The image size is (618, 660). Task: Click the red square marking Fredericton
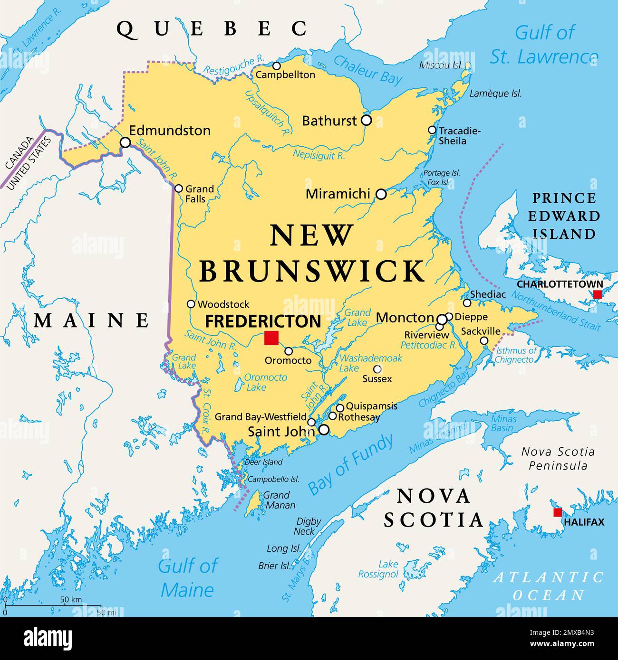[271, 338]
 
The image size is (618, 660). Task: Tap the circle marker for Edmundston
[125, 142]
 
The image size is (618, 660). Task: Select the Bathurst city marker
[366, 120]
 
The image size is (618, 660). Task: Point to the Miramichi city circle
[381, 194]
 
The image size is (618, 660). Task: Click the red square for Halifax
[558, 512]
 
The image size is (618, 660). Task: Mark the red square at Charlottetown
[597, 294]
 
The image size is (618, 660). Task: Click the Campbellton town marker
[276, 66]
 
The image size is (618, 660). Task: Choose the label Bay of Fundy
[351, 464]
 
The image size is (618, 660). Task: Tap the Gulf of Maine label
[187, 578]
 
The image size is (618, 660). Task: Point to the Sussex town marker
[377, 368]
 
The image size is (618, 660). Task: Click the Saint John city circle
[324, 430]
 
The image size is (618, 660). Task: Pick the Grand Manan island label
[279, 500]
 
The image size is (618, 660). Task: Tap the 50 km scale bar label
[71, 600]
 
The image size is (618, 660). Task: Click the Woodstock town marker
[191, 304]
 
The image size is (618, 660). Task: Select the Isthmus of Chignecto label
[515, 355]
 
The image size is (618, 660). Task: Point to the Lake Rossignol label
[378, 569]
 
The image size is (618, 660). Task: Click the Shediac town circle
[467, 303]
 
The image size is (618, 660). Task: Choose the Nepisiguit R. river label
[319, 154]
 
